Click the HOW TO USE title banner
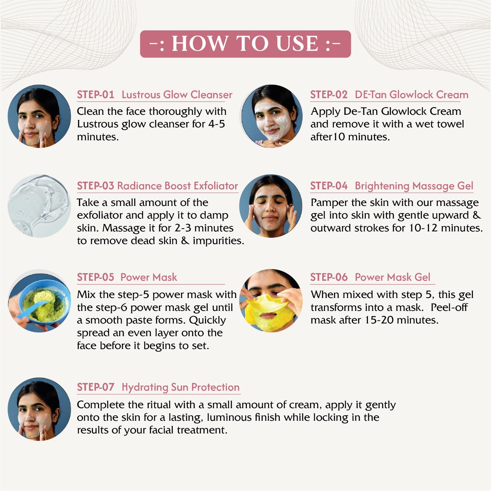point(245,44)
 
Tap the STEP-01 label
point(95,95)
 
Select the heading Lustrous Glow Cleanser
point(177,95)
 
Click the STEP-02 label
point(329,95)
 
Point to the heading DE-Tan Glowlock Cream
point(412,95)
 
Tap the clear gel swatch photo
point(39,206)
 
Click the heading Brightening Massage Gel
point(414,186)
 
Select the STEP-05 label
point(95,277)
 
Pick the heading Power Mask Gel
point(392,277)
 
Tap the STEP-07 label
point(95,387)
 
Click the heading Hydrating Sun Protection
point(180,387)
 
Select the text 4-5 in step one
point(217,124)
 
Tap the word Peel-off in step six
point(449,307)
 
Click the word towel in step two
point(450,124)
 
